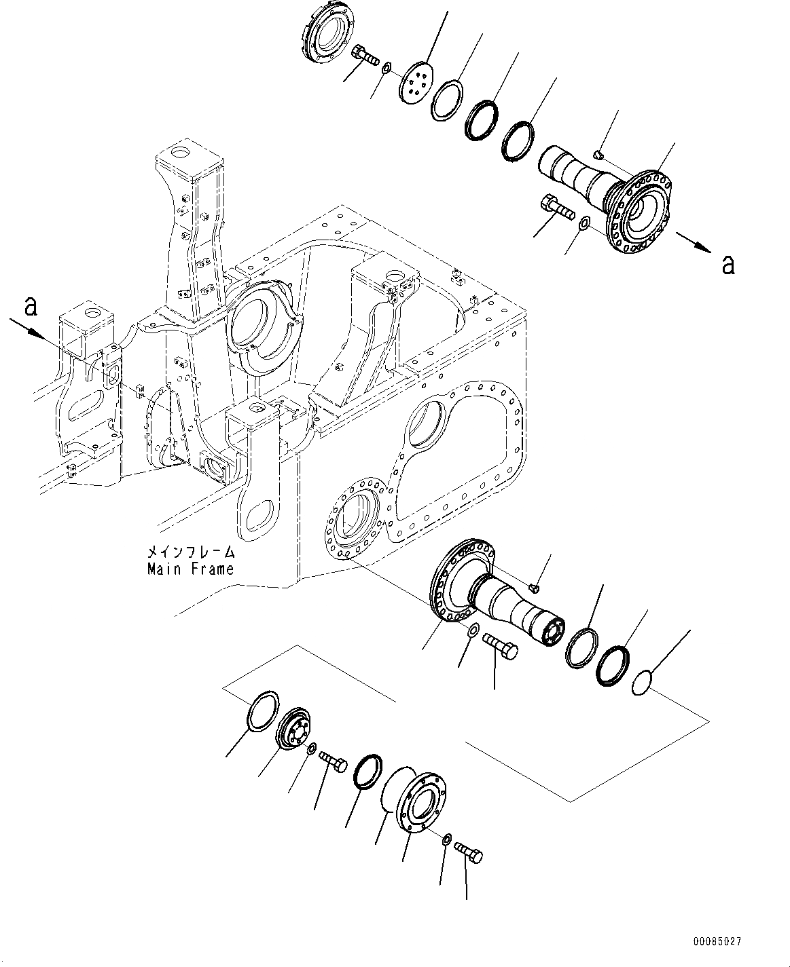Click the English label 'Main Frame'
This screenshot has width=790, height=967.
click(x=190, y=569)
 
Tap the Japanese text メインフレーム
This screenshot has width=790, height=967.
click(x=190, y=552)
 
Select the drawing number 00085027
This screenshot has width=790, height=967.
click(x=717, y=942)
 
